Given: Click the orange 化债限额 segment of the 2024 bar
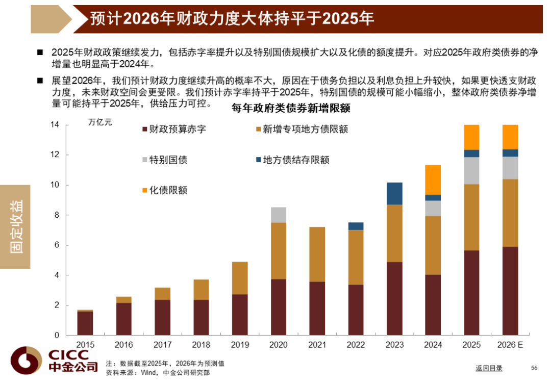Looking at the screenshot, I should tap(433, 179).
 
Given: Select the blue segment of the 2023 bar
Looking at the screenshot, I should tap(394, 193).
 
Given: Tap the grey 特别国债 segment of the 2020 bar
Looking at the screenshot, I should tap(278, 215).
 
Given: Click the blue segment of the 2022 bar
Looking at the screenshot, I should tap(356, 226).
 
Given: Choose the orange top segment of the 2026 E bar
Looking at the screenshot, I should tap(510, 137).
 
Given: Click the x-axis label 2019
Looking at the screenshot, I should tap(239, 345).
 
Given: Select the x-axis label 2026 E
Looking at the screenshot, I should tap(510, 345).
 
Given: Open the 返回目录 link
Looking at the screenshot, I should tap(489, 368).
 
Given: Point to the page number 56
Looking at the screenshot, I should tap(534, 368).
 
